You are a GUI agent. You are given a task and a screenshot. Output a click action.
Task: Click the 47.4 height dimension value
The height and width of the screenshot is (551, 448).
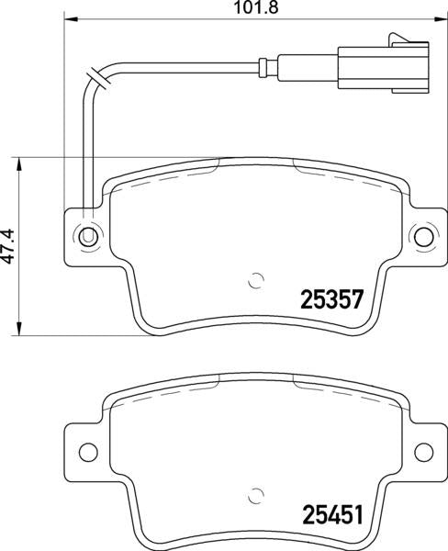coord(8,246)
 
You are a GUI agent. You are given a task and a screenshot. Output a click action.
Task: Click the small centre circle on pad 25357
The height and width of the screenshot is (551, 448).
coord(257,282)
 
